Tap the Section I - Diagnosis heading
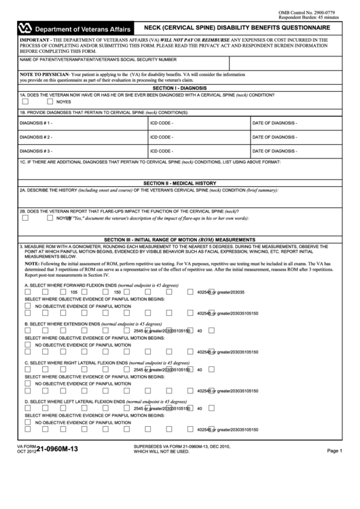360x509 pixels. (x=180, y=88)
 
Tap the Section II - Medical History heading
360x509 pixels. (x=180, y=183)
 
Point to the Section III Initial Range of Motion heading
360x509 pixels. (x=180, y=239)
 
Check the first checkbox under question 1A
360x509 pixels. (x=25, y=101)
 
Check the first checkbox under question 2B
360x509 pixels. (x=25, y=218)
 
